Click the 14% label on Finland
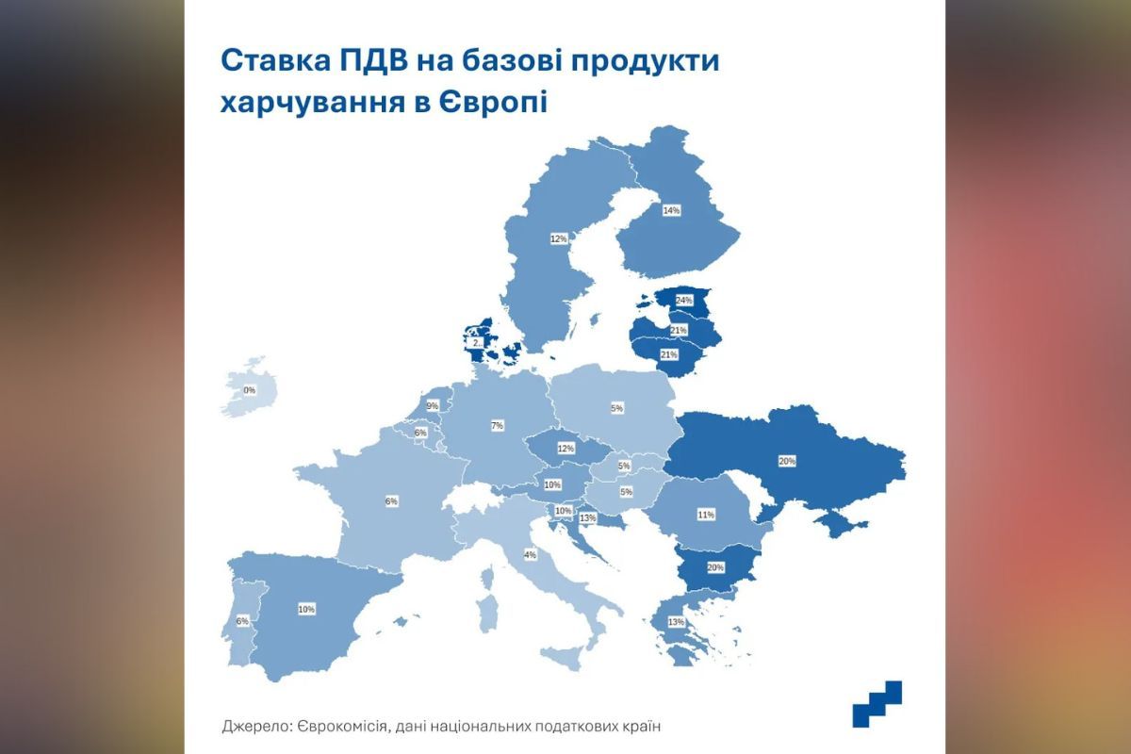(x=671, y=210)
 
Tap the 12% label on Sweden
(x=558, y=239)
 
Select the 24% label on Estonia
(x=683, y=301)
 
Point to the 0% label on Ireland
(x=250, y=389)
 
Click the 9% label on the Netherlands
(x=433, y=406)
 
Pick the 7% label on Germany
(x=497, y=426)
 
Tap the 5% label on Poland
(x=617, y=408)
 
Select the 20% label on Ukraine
(x=787, y=461)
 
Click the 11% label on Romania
(x=706, y=515)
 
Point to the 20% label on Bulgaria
(x=715, y=568)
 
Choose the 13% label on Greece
(x=675, y=622)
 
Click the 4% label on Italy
(x=530, y=555)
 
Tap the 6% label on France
(x=391, y=501)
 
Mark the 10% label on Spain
(x=306, y=610)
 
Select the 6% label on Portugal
(x=242, y=621)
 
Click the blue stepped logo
(x=877, y=704)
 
